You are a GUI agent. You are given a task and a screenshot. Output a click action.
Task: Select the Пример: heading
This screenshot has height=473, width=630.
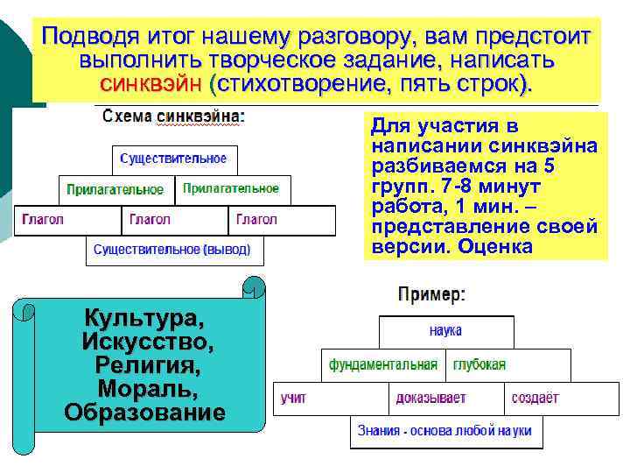(431, 295)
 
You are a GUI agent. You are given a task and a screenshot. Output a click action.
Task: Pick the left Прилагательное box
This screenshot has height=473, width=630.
(115, 189)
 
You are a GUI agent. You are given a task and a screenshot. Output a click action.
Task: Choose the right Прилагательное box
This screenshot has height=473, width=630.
(231, 188)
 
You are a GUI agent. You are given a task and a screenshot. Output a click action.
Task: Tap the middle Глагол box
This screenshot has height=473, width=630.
(173, 220)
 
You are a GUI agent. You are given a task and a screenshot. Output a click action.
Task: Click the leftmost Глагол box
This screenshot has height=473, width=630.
(66, 220)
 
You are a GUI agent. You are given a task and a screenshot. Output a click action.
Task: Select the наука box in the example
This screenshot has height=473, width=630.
(445, 331)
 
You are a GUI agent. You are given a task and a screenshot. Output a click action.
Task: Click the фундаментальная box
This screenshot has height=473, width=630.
(383, 364)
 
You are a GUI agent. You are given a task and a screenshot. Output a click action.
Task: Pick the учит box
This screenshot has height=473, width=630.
(331, 398)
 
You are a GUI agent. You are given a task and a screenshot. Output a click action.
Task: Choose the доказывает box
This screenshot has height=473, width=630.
(445, 398)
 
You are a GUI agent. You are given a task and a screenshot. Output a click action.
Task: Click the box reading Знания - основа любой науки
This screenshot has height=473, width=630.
(445, 431)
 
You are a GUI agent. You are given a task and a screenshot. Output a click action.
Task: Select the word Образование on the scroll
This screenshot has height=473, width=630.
(144, 412)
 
